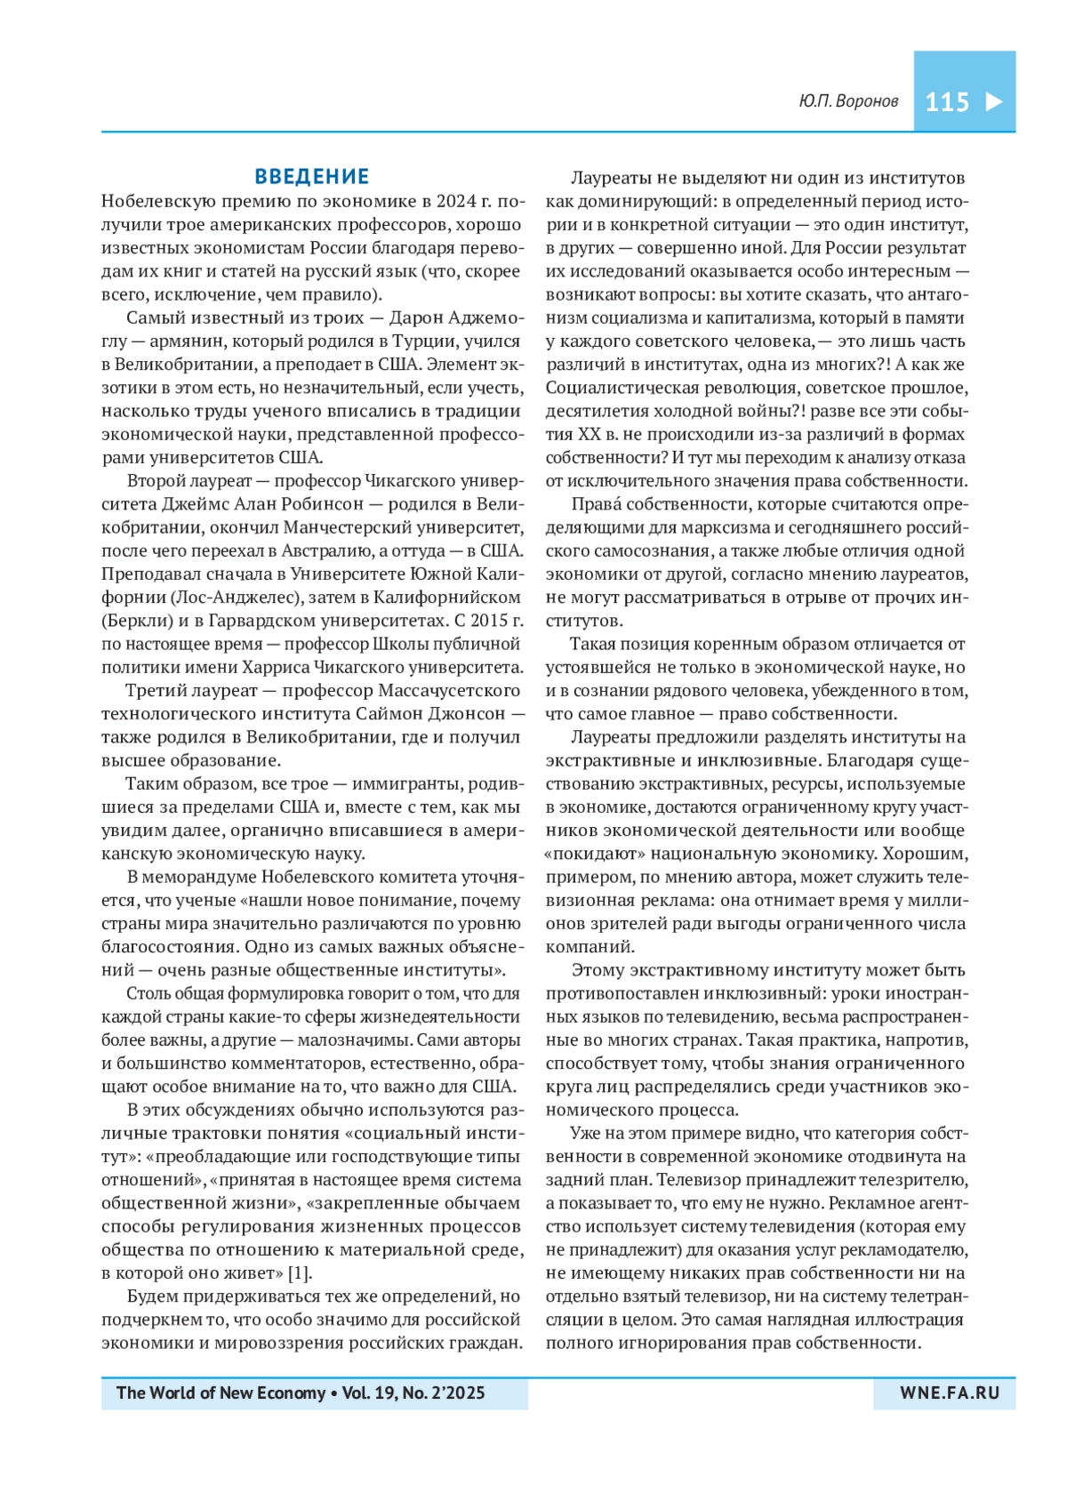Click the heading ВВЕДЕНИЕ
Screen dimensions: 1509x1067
[312, 176]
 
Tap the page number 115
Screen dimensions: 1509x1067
[947, 102]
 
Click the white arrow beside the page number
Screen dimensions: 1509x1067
[994, 101]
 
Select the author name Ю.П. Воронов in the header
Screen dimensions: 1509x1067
[848, 101]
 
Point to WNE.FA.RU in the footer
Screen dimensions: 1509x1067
[950, 1393]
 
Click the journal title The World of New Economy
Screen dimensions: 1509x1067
[221, 1393]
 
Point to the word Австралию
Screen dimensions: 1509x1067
[317, 550]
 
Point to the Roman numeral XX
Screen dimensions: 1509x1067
[590, 434]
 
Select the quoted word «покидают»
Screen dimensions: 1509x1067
[595, 853]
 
